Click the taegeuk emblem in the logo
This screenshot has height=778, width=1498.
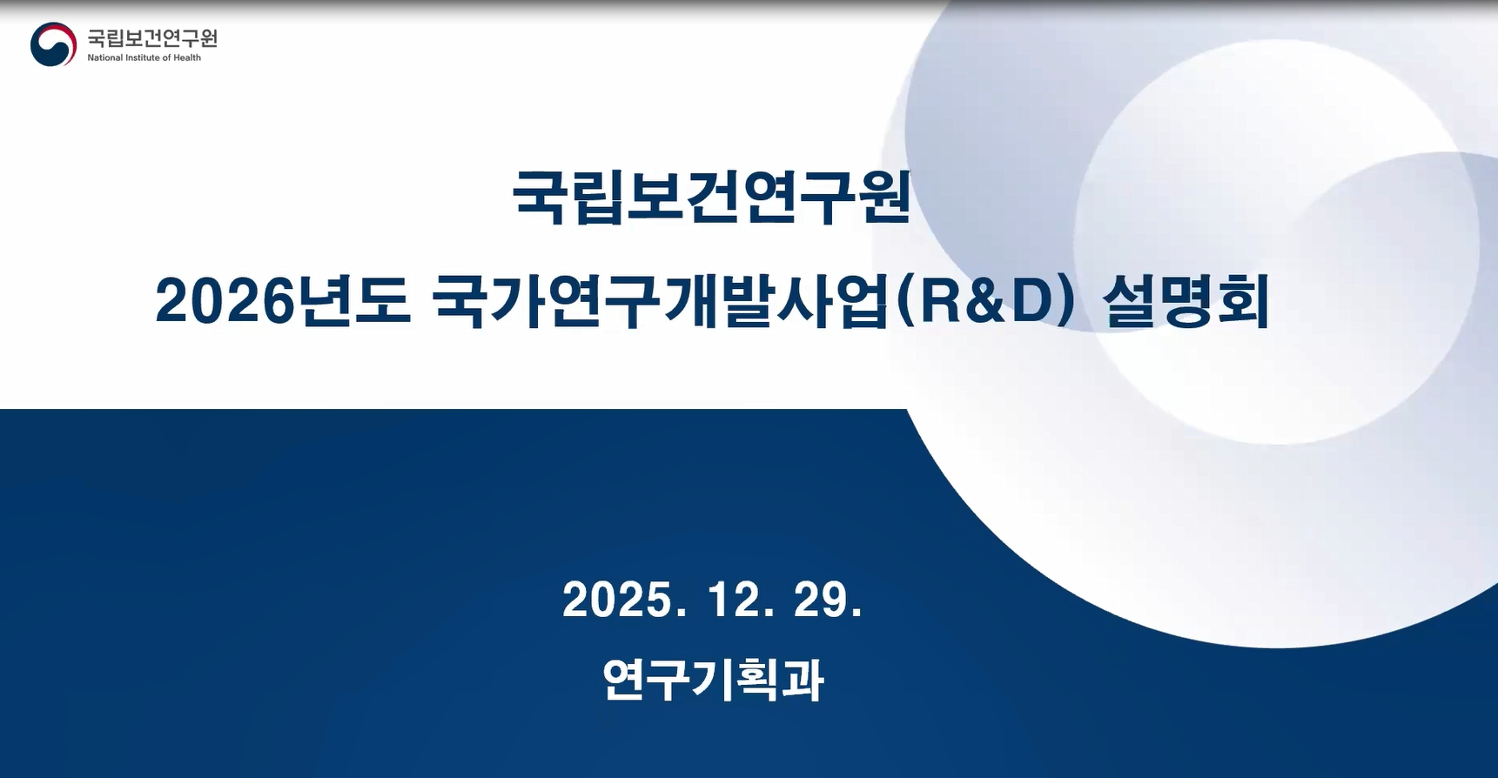[x=53, y=44]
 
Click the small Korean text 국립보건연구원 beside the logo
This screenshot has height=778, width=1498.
[x=152, y=38]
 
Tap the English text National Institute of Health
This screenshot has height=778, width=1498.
[x=144, y=58]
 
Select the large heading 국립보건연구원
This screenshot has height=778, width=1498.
[x=711, y=197]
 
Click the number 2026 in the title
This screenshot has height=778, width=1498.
[x=223, y=302]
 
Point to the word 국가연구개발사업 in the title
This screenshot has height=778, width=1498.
[x=660, y=302]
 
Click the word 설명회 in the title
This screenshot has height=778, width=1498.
[x=1185, y=302]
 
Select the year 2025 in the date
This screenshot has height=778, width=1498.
[x=613, y=600]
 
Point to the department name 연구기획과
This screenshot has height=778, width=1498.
[x=713, y=680]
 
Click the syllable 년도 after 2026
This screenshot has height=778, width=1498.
[x=353, y=302]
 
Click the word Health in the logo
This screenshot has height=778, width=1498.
[x=187, y=58]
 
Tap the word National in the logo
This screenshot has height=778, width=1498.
[x=104, y=58]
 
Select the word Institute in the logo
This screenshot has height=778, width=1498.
[x=143, y=58]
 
